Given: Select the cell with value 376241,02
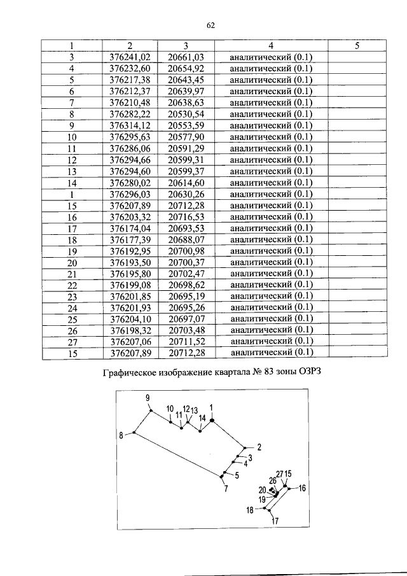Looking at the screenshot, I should click(129, 57).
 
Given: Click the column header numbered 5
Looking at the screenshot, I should click(357, 46).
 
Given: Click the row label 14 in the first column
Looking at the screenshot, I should click(72, 183).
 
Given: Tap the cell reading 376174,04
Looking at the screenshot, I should click(129, 228).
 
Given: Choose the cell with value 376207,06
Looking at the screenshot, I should click(129, 342).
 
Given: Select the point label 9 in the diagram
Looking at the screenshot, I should click(148, 398).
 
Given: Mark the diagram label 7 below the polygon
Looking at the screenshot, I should click(225, 489).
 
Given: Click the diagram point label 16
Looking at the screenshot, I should click(302, 488).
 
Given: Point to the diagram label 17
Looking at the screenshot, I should click(275, 522).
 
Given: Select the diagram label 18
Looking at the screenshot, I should click(250, 510).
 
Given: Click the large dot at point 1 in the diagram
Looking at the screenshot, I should click(212, 419).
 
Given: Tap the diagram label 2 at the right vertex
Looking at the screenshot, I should click(259, 447).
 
